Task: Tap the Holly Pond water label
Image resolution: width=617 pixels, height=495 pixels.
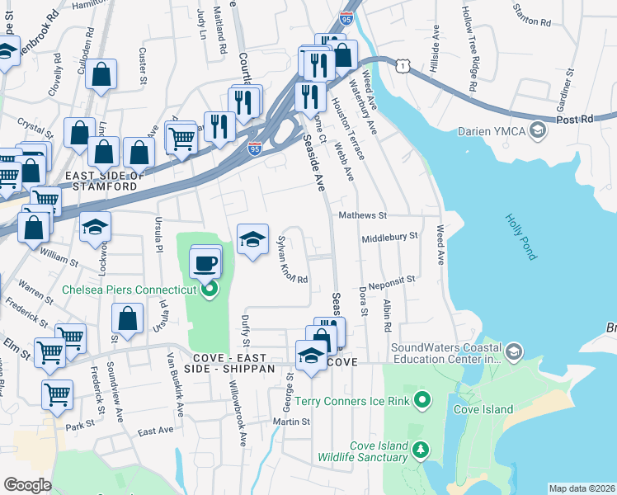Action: tap(520, 238)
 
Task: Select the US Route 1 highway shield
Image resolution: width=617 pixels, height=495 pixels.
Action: tap(401, 64)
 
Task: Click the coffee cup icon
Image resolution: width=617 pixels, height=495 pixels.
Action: tap(205, 265)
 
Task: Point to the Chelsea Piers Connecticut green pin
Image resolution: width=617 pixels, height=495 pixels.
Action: tap(210, 289)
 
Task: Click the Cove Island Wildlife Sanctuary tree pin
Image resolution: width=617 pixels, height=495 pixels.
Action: tap(422, 450)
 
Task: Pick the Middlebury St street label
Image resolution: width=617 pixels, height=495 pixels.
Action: tap(390, 236)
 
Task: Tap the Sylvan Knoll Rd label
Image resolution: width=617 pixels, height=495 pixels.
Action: tap(292, 259)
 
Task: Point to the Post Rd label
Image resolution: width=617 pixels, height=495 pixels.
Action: tap(575, 120)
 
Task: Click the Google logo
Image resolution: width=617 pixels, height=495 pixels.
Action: tap(27, 485)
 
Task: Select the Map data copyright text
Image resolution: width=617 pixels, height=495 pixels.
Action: tap(582, 488)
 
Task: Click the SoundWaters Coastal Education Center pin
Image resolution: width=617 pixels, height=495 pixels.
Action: tap(514, 352)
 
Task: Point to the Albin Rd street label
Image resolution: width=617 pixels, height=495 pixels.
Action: tap(386, 314)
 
